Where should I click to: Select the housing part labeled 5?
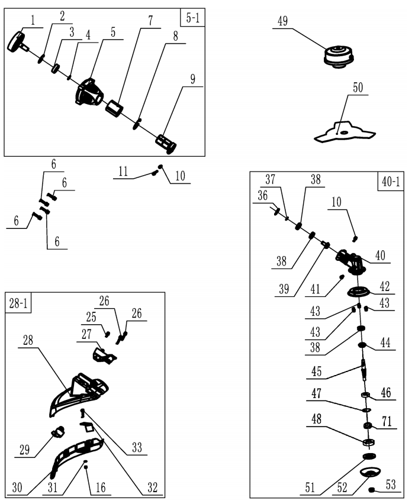(89, 93)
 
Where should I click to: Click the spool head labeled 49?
(339, 57)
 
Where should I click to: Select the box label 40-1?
(389, 183)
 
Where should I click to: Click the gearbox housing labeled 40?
(353, 261)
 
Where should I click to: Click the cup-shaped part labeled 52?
(371, 472)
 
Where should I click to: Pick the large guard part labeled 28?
(83, 393)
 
